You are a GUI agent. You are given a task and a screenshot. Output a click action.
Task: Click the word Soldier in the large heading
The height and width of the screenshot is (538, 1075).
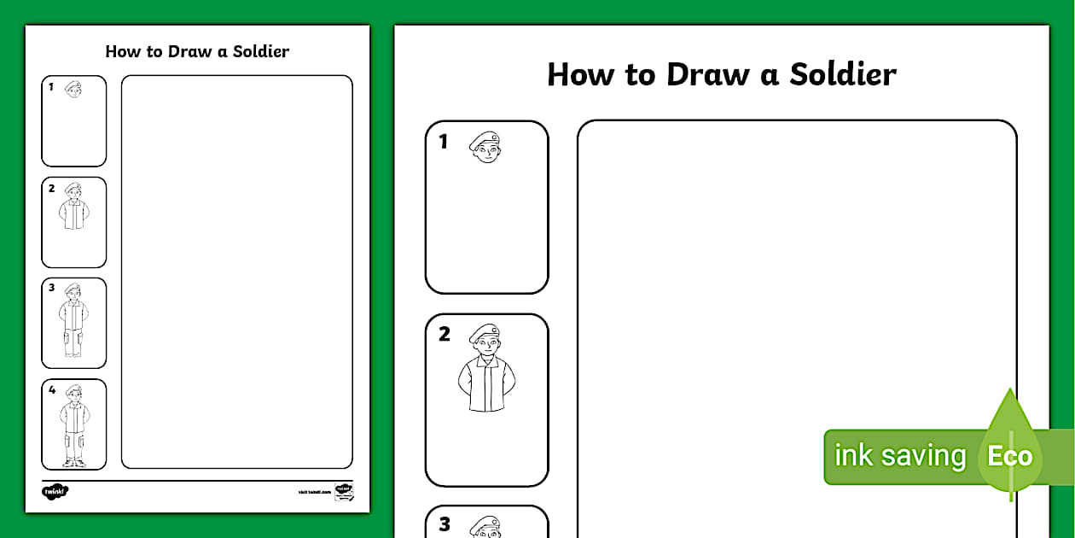tap(842, 74)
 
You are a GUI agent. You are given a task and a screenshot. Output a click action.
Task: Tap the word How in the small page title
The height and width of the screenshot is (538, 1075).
tap(123, 51)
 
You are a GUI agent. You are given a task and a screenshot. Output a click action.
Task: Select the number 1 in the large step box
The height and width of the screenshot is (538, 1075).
tap(443, 142)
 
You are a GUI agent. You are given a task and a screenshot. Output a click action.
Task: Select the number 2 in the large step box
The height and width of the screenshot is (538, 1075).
tap(444, 335)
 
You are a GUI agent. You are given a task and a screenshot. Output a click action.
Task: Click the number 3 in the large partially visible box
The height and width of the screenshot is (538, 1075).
tap(444, 524)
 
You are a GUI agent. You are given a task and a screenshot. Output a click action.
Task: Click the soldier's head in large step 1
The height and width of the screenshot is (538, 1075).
tap(485, 148)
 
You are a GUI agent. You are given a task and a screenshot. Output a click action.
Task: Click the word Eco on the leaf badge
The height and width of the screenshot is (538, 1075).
tap(1009, 456)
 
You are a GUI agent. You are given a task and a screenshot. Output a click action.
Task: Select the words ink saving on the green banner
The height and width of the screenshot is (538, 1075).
tap(899, 456)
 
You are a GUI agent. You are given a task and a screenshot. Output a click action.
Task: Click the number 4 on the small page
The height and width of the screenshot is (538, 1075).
tap(51, 390)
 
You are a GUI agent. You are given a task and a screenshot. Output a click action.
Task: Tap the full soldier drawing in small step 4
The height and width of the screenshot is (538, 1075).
tap(74, 426)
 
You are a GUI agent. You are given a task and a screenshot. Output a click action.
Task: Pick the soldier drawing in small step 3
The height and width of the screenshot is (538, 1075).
tap(74, 321)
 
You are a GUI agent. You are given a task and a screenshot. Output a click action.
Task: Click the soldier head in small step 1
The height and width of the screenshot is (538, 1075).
tap(74, 89)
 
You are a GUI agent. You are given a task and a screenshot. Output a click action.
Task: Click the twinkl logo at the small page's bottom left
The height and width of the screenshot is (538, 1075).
tap(55, 491)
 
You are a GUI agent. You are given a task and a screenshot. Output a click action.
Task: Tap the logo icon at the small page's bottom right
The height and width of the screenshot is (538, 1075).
tap(344, 491)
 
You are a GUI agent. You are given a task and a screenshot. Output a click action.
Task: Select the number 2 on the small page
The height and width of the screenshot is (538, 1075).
tap(51, 189)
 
